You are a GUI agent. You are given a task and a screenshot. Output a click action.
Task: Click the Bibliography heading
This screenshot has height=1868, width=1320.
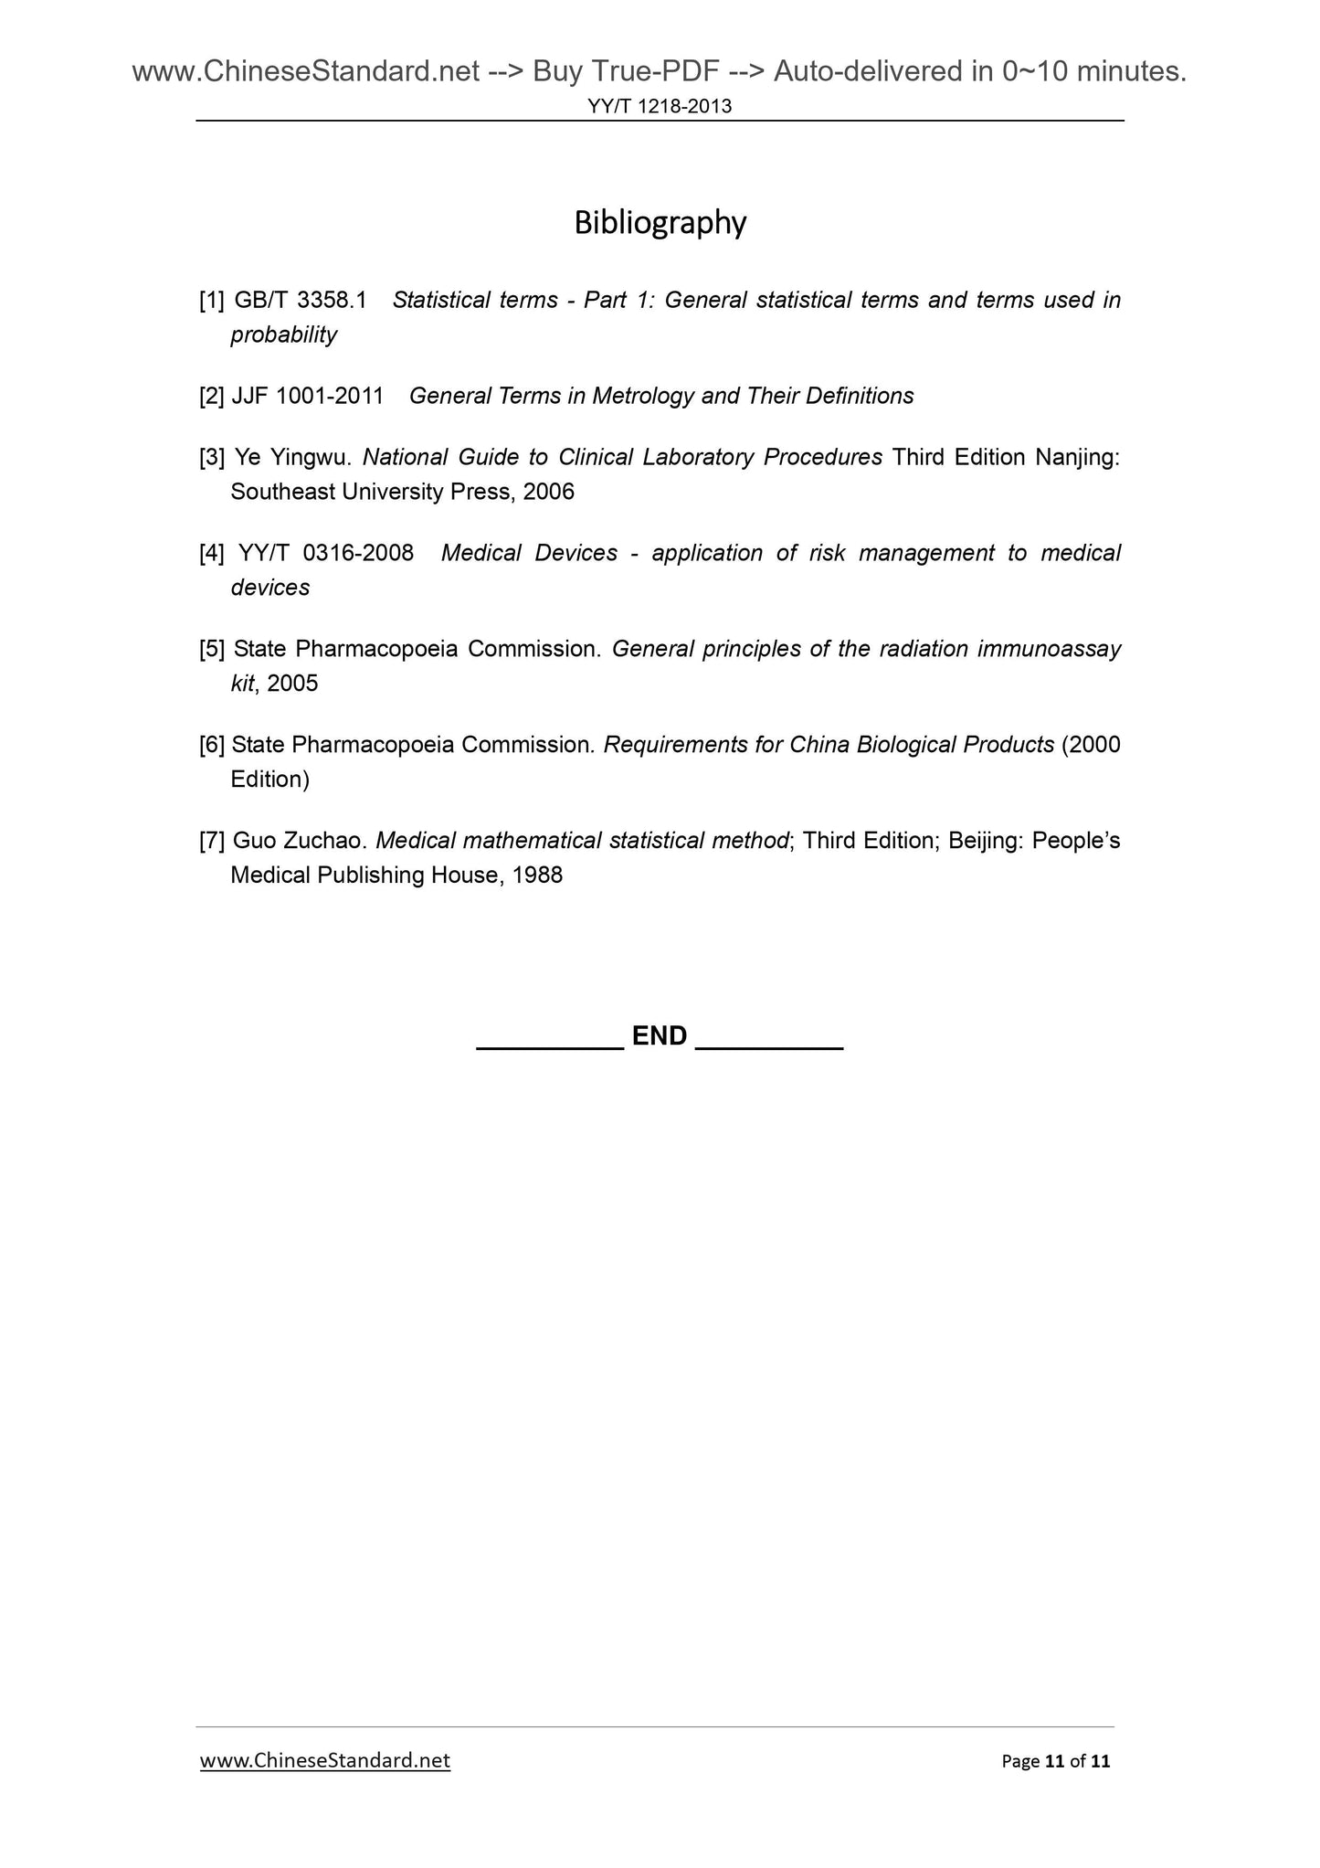660,223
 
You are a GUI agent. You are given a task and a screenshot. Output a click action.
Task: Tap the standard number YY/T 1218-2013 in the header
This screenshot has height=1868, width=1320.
660,107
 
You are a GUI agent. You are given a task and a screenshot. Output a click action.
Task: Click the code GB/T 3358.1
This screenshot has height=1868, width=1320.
301,301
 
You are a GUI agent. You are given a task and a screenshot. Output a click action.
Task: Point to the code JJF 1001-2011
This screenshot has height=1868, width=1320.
308,396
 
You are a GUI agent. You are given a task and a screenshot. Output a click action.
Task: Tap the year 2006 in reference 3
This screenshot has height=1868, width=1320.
548,493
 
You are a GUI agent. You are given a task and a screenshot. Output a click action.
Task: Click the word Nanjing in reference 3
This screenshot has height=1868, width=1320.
1077,457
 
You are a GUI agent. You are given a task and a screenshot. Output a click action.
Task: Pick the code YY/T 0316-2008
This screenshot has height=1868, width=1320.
325,553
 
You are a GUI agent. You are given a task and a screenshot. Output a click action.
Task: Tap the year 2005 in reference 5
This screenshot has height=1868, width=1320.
292,684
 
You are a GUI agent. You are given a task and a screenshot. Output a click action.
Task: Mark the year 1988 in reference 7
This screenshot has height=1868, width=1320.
537,876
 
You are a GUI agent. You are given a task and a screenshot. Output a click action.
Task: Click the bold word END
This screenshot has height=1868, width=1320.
660,1035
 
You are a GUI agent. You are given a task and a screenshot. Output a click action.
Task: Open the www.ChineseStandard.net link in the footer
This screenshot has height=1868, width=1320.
324,1760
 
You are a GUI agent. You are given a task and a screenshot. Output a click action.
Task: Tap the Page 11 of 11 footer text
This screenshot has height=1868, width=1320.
1055,1761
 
